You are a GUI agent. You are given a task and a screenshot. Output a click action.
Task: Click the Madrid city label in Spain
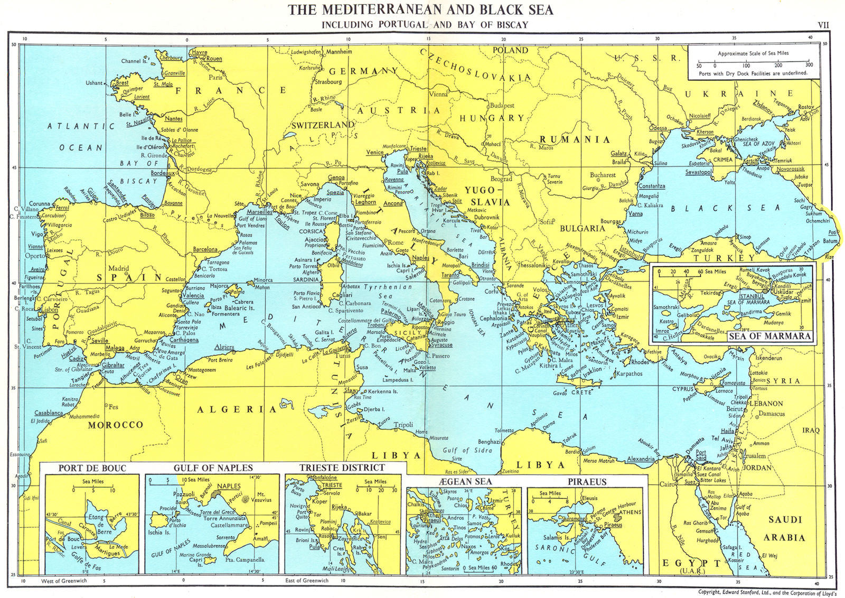(119, 268)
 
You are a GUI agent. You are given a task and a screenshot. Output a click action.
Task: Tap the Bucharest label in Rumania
(603, 175)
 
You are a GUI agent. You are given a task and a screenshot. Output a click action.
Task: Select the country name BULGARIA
(582, 228)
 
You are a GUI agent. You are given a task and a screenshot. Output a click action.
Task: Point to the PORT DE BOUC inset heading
(92, 468)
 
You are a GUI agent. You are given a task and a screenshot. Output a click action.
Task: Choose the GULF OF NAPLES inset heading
(213, 468)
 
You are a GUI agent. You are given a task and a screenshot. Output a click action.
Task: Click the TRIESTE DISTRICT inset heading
(342, 468)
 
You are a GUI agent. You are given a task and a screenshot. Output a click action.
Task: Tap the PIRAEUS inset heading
(587, 481)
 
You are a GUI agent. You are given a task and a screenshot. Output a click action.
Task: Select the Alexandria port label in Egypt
(641, 459)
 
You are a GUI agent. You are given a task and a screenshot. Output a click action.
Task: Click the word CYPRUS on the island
(683, 389)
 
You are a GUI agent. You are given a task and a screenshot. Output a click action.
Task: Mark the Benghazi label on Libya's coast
(489, 441)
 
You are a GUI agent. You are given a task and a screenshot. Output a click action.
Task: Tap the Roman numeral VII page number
(823, 24)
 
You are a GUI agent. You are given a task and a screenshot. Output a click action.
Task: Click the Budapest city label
(502, 105)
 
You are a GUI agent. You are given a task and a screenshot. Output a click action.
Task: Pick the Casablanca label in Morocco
(49, 413)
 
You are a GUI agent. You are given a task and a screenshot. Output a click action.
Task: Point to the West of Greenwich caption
(64, 581)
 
